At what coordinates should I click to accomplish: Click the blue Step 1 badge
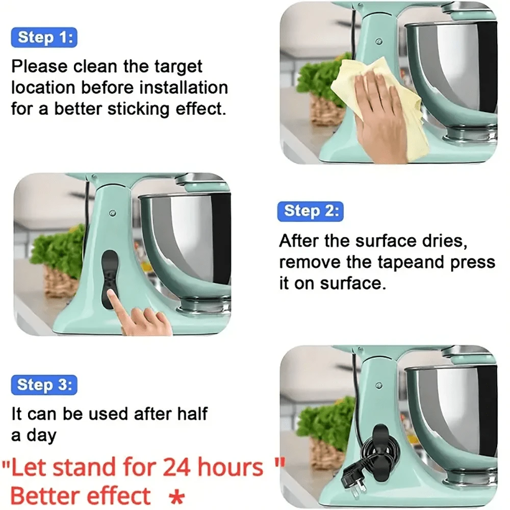[x=44, y=37]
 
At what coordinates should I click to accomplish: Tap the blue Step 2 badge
[x=310, y=211]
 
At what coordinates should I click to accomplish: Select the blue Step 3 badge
[x=44, y=385]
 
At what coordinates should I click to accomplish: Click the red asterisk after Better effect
[x=176, y=497]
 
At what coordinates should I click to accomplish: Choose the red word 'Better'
[x=44, y=496]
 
